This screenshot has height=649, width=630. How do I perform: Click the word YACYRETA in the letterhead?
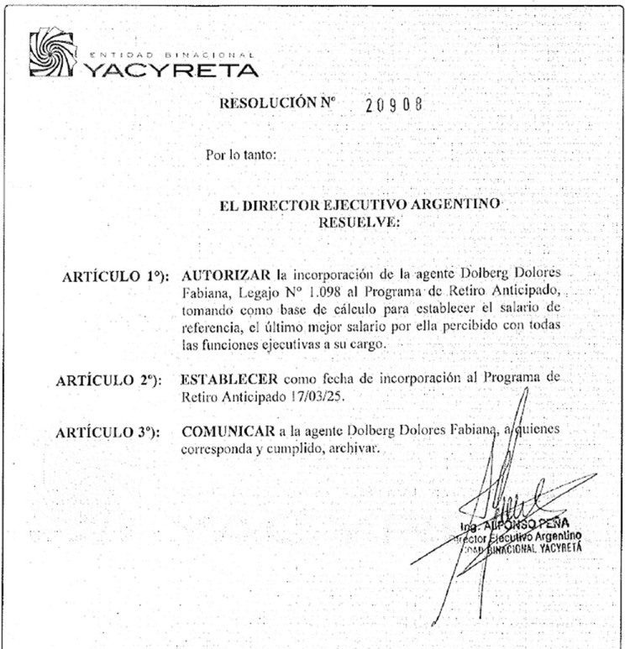click(171, 69)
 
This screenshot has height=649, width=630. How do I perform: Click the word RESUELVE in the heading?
click(360, 222)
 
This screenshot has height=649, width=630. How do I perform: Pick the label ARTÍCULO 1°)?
click(117, 276)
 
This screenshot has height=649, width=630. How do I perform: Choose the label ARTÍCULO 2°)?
click(111, 380)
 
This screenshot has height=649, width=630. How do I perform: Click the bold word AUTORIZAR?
click(223, 275)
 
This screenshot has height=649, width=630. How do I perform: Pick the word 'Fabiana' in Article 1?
click(204, 292)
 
